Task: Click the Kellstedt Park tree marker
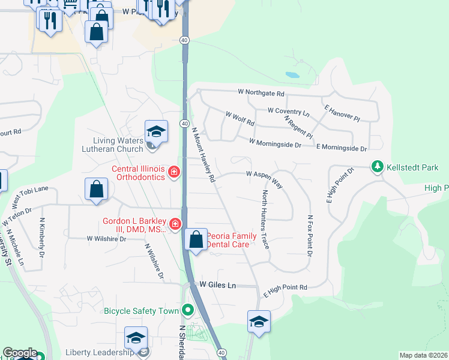378,166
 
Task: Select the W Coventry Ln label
288,111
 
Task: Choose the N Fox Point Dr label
310,236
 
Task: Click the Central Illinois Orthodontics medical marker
174,173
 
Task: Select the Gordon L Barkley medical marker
175,224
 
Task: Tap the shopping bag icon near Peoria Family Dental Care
196,240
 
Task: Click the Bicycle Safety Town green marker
188,310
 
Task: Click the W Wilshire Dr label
107,238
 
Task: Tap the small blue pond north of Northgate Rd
292,76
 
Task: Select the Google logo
20,353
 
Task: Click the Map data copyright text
423,355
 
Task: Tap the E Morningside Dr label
341,147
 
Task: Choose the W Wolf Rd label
240,119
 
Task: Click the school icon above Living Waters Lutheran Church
156,131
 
